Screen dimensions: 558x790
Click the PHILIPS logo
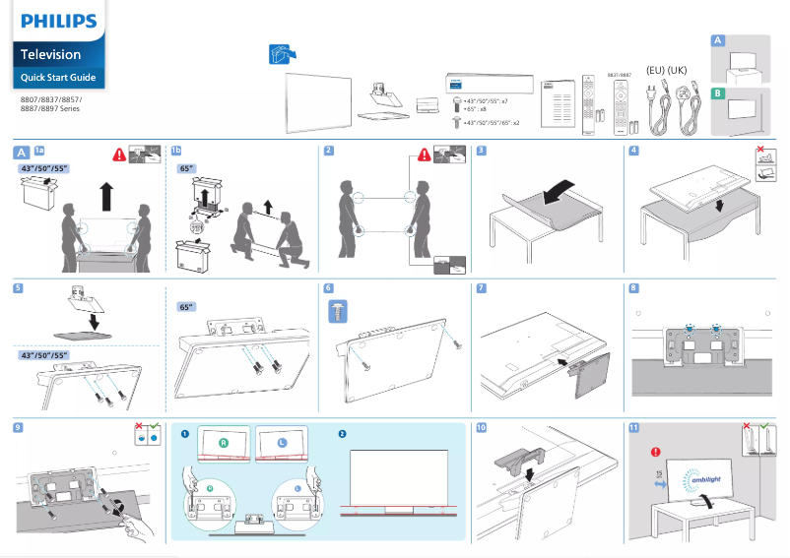click(x=59, y=21)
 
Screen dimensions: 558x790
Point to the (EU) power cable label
click(x=654, y=70)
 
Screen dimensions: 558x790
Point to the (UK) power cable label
click(x=677, y=70)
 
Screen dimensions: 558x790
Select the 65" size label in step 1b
click(x=186, y=168)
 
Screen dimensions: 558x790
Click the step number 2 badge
click(x=329, y=151)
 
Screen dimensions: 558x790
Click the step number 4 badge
click(x=633, y=151)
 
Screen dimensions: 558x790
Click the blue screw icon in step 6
click(x=336, y=312)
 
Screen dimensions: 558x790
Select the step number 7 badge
click(x=481, y=288)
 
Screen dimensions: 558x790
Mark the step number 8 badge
click(x=633, y=288)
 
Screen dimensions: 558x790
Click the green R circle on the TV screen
click(x=224, y=444)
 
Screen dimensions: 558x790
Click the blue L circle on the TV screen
click(x=282, y=444)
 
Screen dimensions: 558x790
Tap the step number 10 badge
click(x=481, y=428)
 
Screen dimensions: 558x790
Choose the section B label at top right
click(x=718, y=93)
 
